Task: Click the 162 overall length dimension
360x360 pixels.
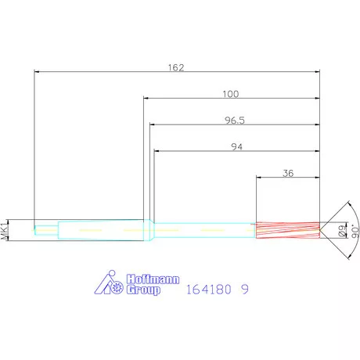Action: click(176, 67)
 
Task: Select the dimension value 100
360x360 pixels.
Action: click(231, 94)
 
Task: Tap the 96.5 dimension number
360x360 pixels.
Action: click(235, 121)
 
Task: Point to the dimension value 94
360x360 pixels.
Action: click(237, 147)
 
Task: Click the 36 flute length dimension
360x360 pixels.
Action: click(288, 173)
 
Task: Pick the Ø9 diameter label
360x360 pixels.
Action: click(342, 230)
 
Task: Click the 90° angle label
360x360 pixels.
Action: click(355, 231)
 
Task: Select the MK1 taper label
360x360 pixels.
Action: click(5, 230)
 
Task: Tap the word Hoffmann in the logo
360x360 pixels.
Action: click(153, 279)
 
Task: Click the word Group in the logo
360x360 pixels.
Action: click(143, 290)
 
